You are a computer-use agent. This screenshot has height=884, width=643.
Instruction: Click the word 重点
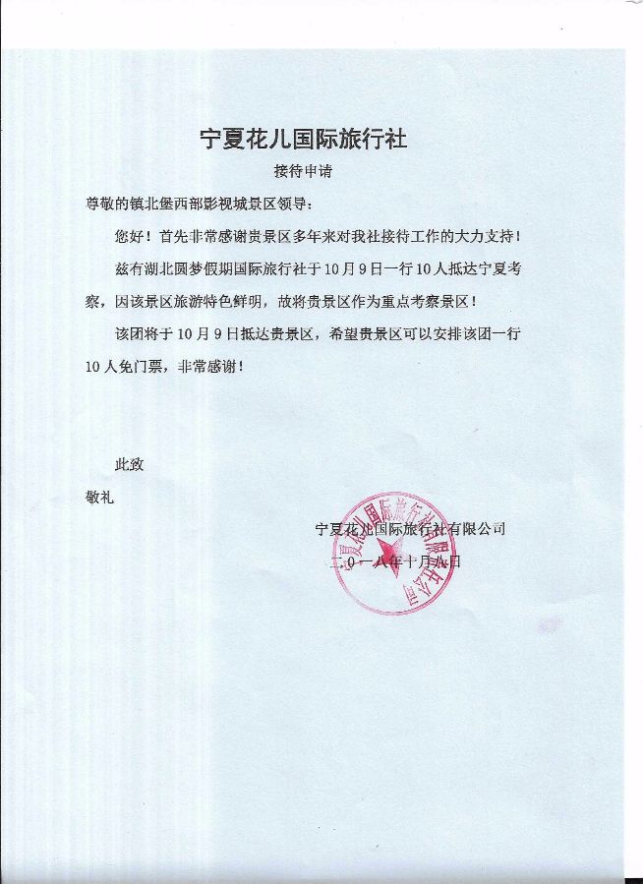[398, 301]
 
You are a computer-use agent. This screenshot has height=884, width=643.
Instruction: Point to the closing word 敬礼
[100, 497]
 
